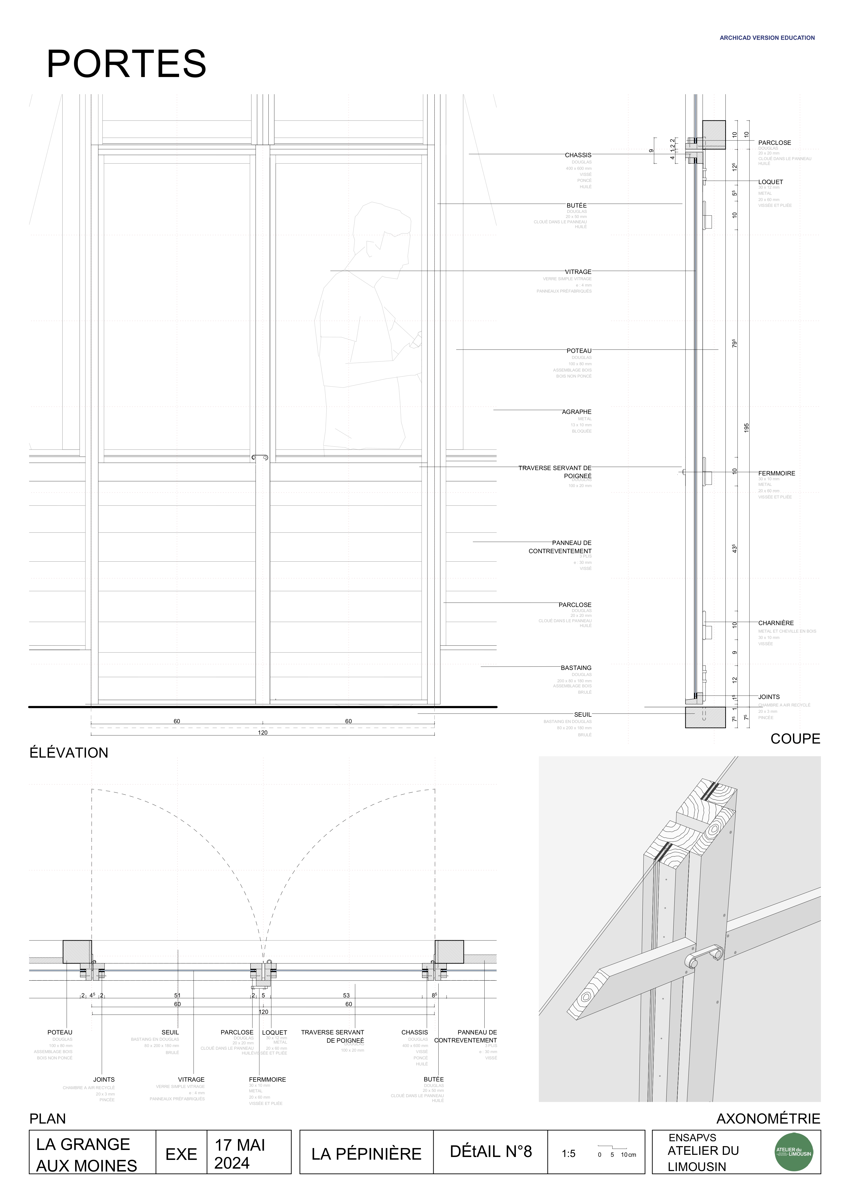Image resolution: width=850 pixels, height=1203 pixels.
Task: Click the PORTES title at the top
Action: [126, 64]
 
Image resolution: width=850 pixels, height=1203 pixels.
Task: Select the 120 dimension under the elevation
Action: [263, 732]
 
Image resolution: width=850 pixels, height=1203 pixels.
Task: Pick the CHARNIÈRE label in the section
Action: [776, 623]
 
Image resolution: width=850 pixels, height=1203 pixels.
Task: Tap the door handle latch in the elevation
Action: [260, 458]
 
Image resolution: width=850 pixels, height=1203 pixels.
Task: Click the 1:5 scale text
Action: [569, 1154]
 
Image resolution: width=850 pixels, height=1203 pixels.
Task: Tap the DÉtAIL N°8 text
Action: [490, 1152]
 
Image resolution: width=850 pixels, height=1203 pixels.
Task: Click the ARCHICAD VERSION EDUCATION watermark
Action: [767, 38]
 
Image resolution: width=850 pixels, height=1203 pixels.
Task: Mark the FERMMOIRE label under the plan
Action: [267, 1079]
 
